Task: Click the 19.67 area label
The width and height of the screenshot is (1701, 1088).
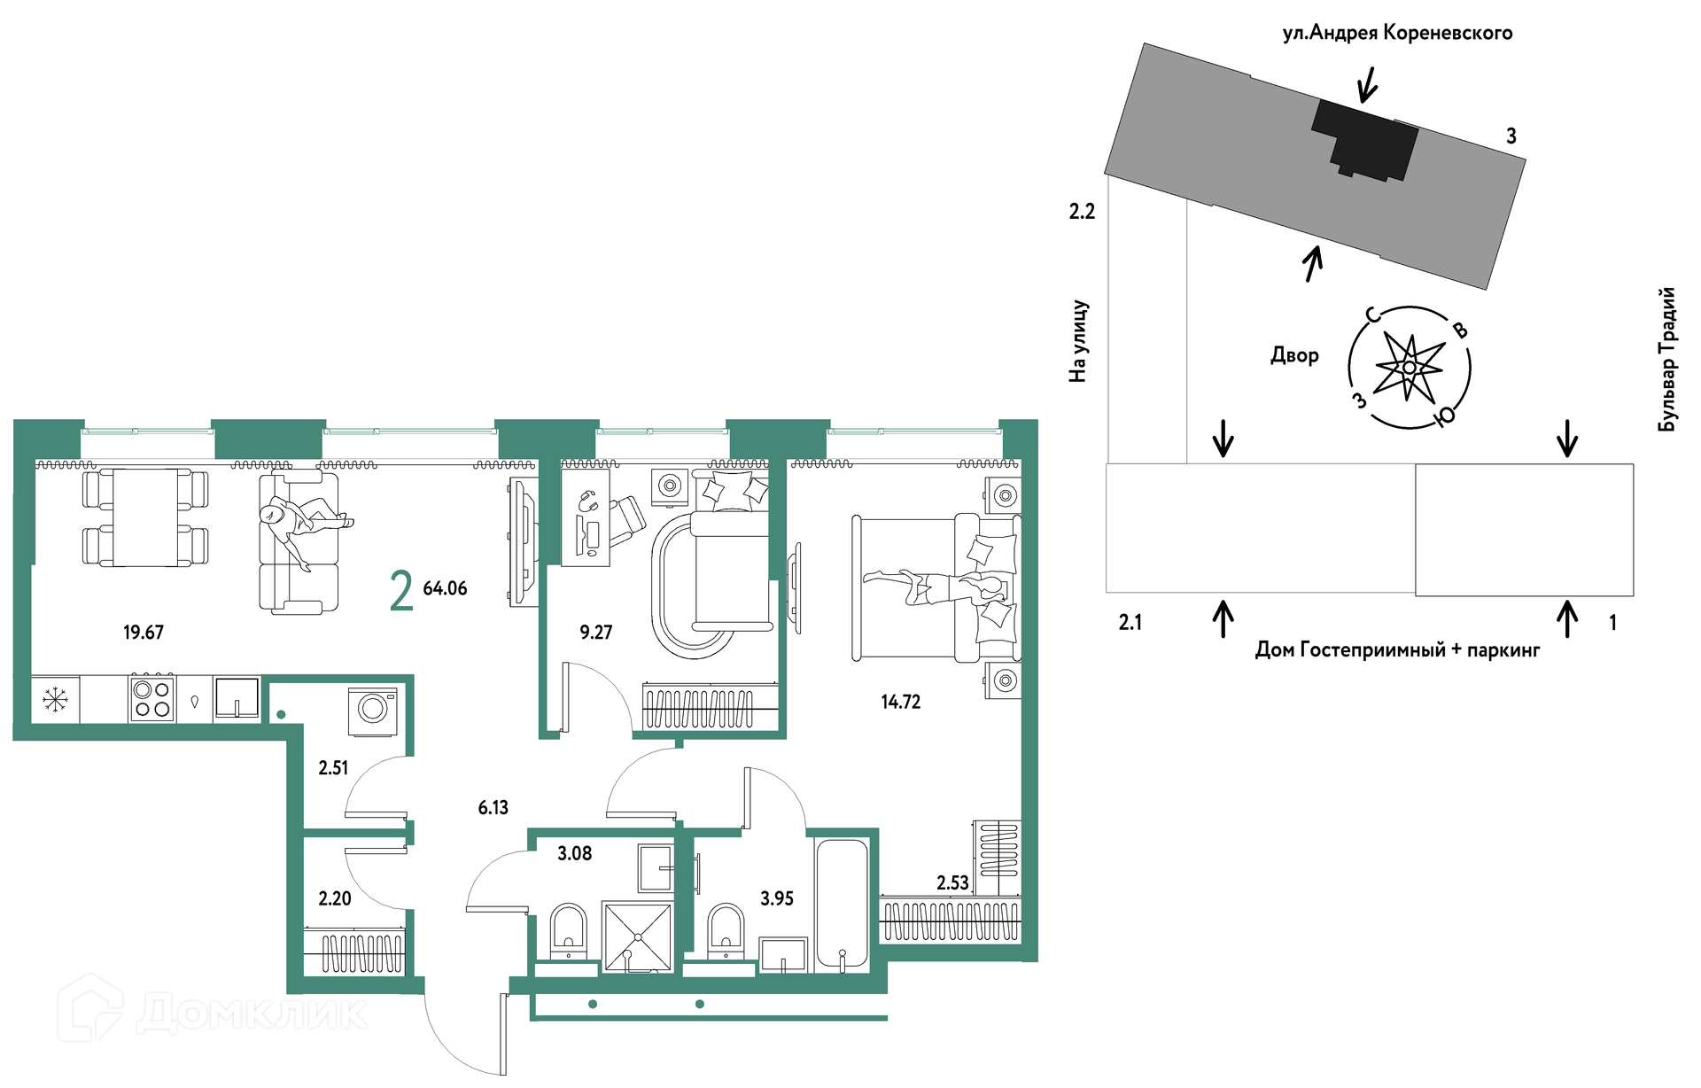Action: pyautogui.click(x=144, y=633)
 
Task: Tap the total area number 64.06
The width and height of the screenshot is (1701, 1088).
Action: pyautogui.click(x=445, y=588)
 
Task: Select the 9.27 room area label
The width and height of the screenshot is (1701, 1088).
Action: pyautogui.click(x=596, y=633)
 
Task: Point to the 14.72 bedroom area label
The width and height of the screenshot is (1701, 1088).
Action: pyautogui.click(x=901, y=702)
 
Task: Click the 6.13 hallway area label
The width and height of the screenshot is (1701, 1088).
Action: pyautogui.click(x=493, y=807)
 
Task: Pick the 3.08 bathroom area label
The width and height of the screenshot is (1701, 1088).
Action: pyautogui.click(x=575, y=853)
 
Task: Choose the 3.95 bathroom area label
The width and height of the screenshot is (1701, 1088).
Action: pyautogui.click(x=777, y=898)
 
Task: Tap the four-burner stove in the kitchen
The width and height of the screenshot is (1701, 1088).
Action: pyautogui.click(x=151, y=699)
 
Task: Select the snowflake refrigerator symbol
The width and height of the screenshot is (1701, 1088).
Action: pyautogui.click(x=55, y=700)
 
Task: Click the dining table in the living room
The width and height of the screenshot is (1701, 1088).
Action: pyautogui.click(x=145, y=517)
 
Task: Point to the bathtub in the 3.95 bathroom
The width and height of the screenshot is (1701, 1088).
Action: pyautogui.click(x=842, y=903)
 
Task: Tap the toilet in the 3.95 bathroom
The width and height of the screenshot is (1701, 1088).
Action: pyautogui.click(x=726, y=930)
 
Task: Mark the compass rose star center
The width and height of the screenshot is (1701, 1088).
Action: pyautogui.click(x=1409, y=367)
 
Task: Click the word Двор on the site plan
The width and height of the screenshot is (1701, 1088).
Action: pyautogui.click(x=1294, y=355)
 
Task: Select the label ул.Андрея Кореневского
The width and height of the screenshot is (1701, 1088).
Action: pyautogui.click(x=1397, y=33)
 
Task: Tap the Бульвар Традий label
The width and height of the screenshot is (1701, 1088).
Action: pyautogui.click(x=1667, y=359)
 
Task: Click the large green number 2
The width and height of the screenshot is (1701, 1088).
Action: pyautogui.click(x=401, y=591)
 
